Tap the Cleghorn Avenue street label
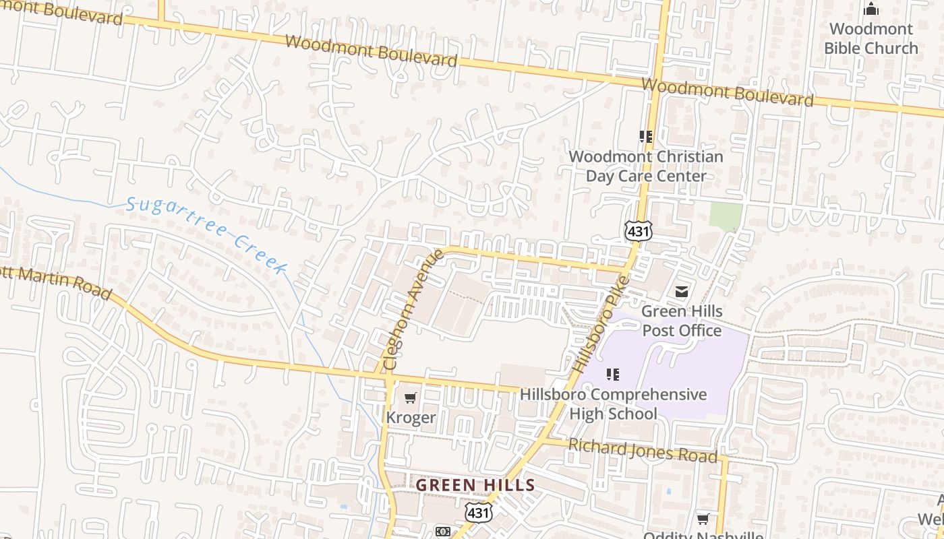[x=413, y=309]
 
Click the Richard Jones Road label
[x=643, y=450]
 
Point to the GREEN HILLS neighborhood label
[x=475, y=485]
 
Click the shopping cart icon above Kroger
[x=410, y=398]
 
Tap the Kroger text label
[x=411, y=418]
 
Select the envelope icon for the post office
[x=682, y=292]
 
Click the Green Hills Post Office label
[x=682, y=321]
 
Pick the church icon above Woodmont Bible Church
[x=871, y=9]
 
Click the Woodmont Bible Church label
[x=871, y=38]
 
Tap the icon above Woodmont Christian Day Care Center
[x=646, y=137]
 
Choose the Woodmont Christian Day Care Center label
[x=646, y=166]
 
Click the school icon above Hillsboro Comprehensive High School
[x=612, y=375]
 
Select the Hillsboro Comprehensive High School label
[x=613, y=404]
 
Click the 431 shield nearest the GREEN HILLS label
[x=478, y=513]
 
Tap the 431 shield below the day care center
[x=638, y=231]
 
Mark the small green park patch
[x=726, y=216]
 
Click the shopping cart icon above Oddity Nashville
[x=703, y=519]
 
